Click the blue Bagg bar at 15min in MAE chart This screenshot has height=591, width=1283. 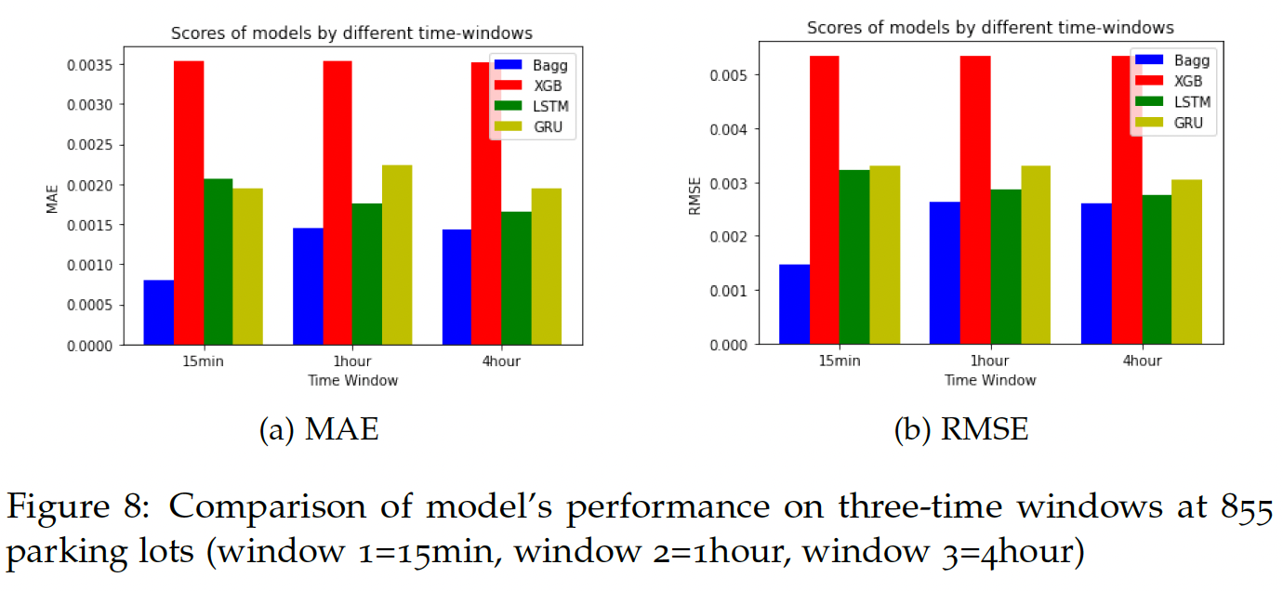point(158,312)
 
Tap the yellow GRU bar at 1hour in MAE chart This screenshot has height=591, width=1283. point(397,255)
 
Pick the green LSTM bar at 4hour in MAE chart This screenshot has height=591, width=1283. point(516,278)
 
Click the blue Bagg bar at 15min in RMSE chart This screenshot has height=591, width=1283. point(794,304)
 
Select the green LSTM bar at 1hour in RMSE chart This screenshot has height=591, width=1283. point(1005,267)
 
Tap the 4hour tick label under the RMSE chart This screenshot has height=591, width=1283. point(1140,361)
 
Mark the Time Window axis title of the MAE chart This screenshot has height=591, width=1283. point(353,380)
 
